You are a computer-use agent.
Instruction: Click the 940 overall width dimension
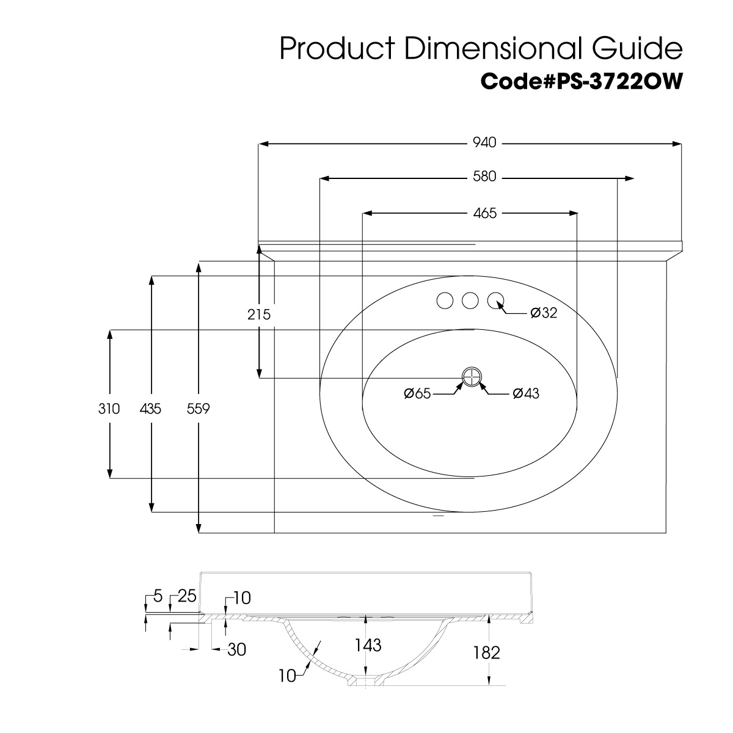[484, 143]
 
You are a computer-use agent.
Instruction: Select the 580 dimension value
[484, 177]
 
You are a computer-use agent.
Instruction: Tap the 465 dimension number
[484, 213]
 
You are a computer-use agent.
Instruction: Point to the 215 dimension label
[258, 315]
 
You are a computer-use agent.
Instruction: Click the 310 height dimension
[109, 409]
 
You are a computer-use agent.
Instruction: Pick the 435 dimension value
[150, 409]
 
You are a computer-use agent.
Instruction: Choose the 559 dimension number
[198, 409]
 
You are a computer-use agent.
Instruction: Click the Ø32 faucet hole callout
[544, 313]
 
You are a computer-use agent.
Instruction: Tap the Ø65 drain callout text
[417, 394]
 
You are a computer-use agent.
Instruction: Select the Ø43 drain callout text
[526, 394]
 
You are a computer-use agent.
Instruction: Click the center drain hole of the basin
[472, 377]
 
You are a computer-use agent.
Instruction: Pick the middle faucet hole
[470, 301]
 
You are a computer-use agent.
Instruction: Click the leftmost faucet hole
[445, 301]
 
